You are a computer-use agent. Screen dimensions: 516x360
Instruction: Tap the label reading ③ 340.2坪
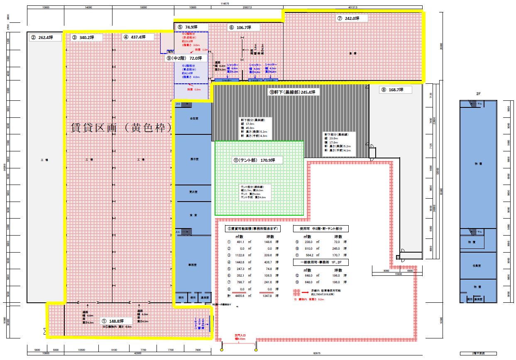coord(83,37)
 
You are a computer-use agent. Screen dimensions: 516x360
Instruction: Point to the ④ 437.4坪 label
coord(135,37)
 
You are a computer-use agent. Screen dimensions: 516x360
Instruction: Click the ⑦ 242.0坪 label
coord(347,19)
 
